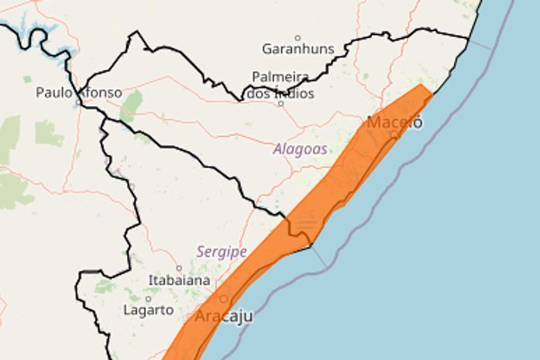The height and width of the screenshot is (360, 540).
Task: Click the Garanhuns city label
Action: [298, 49]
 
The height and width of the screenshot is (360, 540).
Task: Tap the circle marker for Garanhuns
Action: [298, 37]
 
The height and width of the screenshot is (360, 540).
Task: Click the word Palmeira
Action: [280, 77]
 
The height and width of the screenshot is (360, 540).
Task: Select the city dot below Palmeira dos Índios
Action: [280, 103]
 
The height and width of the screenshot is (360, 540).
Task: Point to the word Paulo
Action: [54, 93]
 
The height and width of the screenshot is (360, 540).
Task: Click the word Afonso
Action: [101, 93]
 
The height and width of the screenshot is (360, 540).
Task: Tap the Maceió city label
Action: [395, 122]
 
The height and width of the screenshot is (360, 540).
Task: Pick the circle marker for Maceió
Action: [394, 134]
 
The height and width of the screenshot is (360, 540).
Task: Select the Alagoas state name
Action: [300, 149]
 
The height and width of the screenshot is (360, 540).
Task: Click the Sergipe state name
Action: [222, 252]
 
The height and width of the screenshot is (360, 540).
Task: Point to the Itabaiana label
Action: [181, 280]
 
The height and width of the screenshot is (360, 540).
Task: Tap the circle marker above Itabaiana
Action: [179, 268]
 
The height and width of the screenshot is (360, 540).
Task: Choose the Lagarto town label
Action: [148, 310]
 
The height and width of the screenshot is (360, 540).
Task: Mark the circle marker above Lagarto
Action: [147, 298]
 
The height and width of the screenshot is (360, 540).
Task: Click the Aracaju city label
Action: [223, 317]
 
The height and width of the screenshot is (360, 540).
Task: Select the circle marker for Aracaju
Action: [225, 298]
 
